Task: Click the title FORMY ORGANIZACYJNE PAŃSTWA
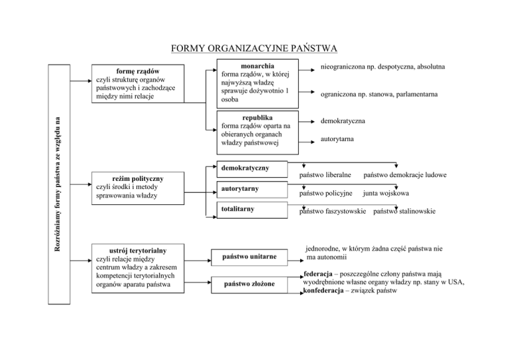(x=254, y=48)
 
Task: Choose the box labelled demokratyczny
(x=249, y=168)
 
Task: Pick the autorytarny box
(x=249, y=190)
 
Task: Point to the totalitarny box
(x=249, y=210)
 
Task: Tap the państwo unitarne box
(x=249, y=257)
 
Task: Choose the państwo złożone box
(x=249, y=284)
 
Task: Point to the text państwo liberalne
(x=324, y=175)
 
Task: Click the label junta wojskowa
(x=385, y=194)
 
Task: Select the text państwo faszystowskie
(x=332, y=212)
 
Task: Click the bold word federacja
(x=321, y=273)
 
